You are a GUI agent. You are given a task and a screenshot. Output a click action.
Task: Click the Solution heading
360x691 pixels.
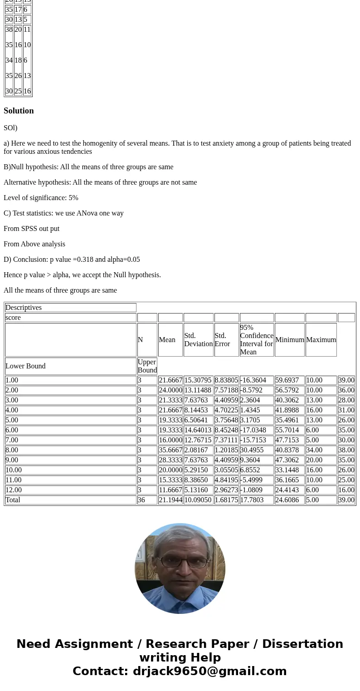point(19,111)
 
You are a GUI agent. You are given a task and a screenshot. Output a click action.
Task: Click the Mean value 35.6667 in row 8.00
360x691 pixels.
point(170,450)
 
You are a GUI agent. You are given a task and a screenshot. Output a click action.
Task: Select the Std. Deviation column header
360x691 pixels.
point(198,340)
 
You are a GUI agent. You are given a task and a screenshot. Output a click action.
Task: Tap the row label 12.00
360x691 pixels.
point(14,490)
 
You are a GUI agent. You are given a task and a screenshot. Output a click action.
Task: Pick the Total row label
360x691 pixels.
point(13,500)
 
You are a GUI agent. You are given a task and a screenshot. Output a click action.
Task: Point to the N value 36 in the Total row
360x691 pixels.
point(142,500)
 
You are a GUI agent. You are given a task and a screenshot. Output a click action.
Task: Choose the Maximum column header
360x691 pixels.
point(321,340)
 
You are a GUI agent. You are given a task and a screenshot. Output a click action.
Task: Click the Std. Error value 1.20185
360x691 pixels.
point(226,450)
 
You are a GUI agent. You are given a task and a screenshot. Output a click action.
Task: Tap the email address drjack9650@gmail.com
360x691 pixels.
point(209,671)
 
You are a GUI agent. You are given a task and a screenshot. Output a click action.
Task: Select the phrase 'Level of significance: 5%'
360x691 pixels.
point(41,198)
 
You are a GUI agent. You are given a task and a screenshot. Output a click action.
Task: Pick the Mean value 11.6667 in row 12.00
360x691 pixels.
point(170,490)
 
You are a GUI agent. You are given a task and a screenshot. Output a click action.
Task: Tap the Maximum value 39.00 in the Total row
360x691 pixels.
point(346,500)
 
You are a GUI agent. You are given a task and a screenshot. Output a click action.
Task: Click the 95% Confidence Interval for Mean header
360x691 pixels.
point(257,340)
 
